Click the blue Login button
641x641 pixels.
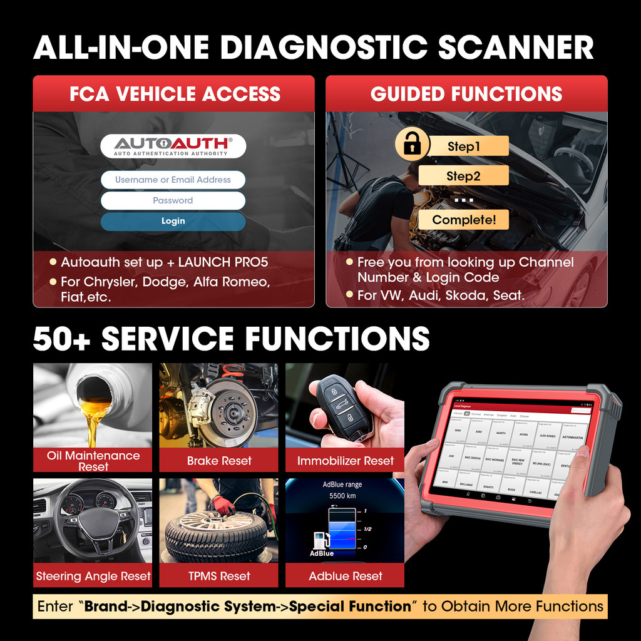tap(173, 221)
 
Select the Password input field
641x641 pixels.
tap(173, 200)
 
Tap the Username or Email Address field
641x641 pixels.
tap(173, 180)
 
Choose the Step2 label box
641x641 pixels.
tap(463, 176)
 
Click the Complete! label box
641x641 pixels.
tap(463, 220)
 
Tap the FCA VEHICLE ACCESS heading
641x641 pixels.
tap(174, 94)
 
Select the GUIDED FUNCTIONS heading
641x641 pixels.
tap(466, 94)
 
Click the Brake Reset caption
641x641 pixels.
tap(218, 461)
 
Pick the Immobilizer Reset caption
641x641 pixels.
tap(345, 461)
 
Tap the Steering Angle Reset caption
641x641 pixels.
tap(93, 576)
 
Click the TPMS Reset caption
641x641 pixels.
tap(218, 576)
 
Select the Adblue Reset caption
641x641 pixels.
tap(345, 576)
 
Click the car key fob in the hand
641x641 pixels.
tap(343, 407)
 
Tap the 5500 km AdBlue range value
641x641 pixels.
tap(342, 496)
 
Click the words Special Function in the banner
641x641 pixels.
tap(350, 606)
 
